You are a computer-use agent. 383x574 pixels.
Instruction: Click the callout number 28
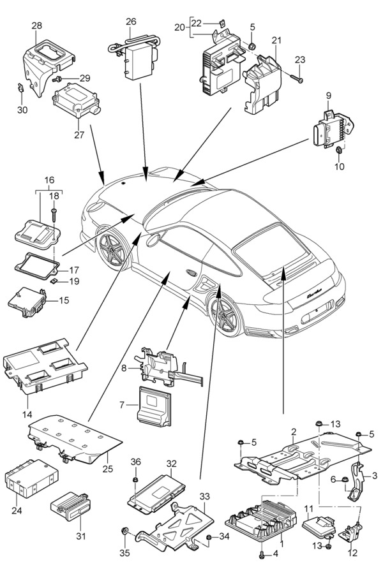coord(37,26)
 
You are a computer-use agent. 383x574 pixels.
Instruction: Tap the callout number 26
coord(131,22)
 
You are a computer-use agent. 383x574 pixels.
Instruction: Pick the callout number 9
coord(329,96)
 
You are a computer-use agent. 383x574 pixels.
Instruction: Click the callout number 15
coord(64,300)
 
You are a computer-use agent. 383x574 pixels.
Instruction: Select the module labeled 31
coord(73,505)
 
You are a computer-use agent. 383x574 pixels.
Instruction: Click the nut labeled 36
coord(136,479)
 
